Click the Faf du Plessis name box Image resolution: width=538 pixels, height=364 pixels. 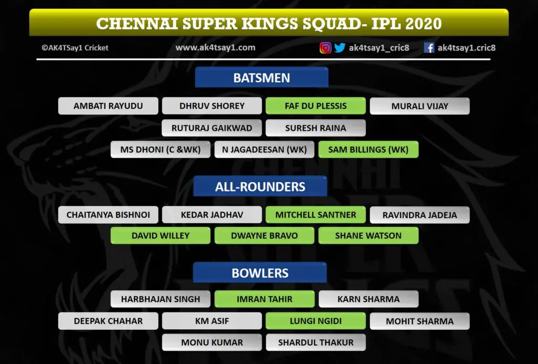click(316, 106)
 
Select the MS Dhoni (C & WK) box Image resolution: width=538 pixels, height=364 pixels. click(161, 150)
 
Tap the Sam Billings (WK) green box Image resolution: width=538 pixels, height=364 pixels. click(368, 150)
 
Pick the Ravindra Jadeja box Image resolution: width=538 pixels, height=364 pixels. click(420, 215)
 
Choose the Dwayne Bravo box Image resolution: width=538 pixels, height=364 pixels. click(265, 236)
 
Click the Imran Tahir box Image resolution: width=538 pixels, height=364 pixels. click(265, 299)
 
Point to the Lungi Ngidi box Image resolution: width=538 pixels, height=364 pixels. click(316, 321)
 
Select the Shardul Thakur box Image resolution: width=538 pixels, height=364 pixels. click(316, 342)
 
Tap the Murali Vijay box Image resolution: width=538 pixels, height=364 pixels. click(420, 106)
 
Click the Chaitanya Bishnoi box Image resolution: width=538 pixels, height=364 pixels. click(108, 215)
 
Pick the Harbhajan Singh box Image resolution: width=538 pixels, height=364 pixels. click(161, 299)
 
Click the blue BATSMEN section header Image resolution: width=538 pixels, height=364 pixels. click(262, 78)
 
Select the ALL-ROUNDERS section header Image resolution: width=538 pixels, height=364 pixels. click(260, 186)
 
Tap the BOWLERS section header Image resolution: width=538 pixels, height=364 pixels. click(260, 273)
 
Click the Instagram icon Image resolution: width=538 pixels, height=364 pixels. click(326, 48)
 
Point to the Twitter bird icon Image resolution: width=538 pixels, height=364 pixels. click(340, 48)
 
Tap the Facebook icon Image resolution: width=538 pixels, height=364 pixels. click(429, 48)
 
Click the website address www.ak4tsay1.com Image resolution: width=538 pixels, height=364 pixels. click(215, 48)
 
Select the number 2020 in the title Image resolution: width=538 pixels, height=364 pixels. click(423, 23)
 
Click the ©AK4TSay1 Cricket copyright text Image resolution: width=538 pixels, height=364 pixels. click(75, 48)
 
